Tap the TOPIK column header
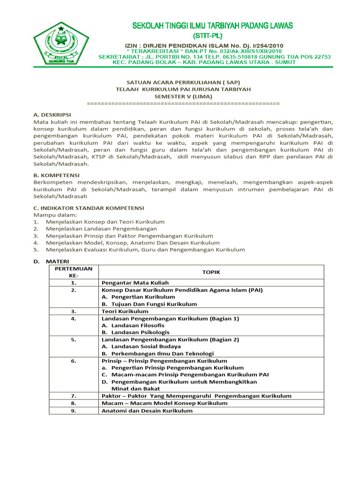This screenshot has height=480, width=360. coord(211,272)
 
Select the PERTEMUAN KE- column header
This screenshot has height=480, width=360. coord(74,272)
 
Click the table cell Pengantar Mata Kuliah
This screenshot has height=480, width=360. coord(135,283)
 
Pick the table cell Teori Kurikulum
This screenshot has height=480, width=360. coord(125,311)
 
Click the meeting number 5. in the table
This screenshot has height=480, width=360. coord(74,339)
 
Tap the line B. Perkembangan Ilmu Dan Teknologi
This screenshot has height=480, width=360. coord(157,353)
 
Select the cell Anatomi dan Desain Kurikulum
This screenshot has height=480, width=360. coord(147,411)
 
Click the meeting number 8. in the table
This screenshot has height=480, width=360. coord(74,403)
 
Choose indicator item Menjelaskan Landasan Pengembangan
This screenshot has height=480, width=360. coord(101,228)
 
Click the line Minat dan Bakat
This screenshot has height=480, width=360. coord(135,389)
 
